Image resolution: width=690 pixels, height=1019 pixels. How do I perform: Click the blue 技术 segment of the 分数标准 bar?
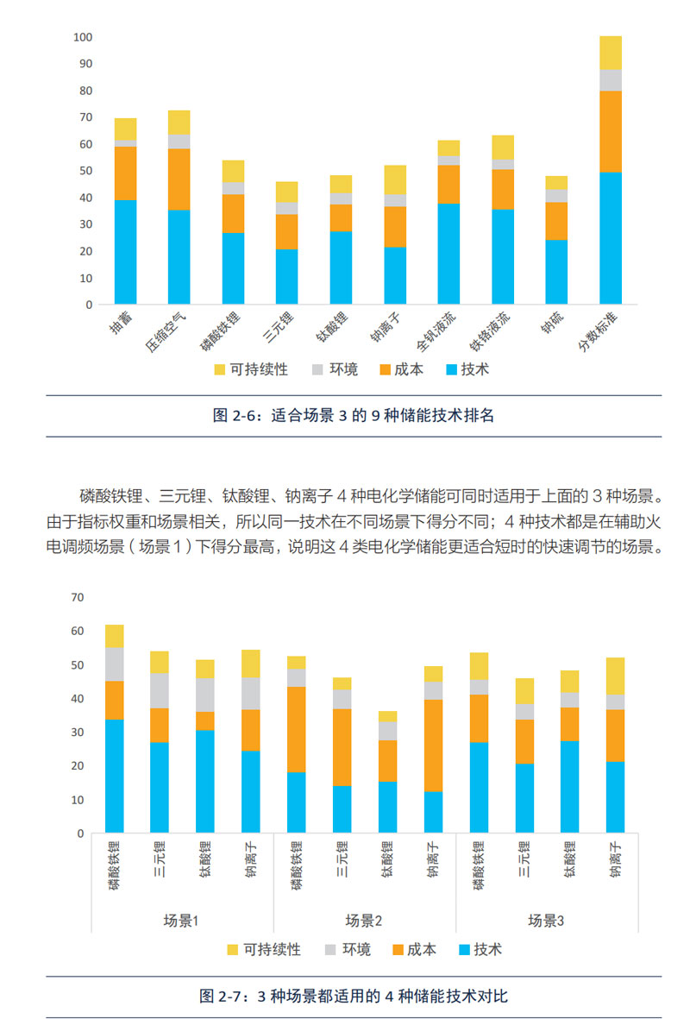611,238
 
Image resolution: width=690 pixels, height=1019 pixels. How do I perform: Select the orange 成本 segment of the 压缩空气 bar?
179,179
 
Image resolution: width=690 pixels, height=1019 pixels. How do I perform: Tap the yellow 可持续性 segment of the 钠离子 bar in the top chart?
395,179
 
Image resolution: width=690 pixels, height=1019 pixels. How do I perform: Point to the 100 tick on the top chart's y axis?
83,37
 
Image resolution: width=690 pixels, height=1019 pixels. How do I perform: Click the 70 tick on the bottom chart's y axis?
78,597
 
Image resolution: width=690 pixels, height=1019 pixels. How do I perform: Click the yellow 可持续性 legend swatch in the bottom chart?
232,949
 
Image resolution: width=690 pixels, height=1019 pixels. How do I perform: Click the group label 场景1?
182,921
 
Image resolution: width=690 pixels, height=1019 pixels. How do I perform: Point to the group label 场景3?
546,921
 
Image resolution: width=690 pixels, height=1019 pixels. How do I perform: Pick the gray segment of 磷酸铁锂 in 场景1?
115,664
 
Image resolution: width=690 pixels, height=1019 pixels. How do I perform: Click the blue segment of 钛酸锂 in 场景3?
569,787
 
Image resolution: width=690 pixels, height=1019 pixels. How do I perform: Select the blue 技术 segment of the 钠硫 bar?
556,272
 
